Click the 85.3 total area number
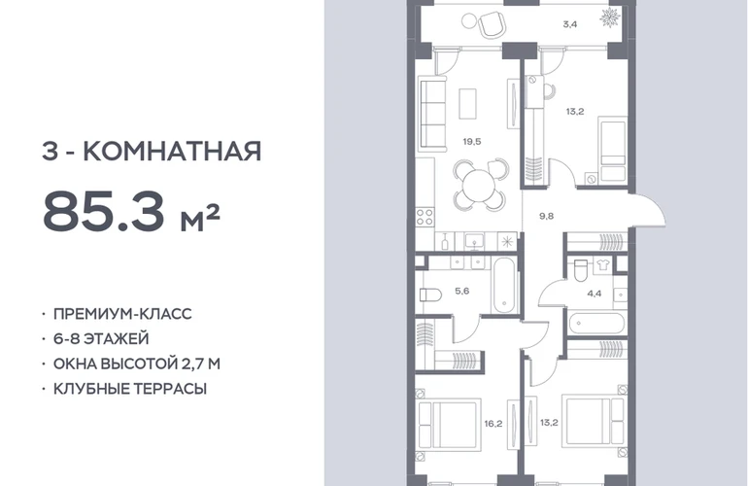click(104, 211)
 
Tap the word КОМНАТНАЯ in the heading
click(172, 152)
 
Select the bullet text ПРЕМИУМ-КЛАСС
click(122, 314)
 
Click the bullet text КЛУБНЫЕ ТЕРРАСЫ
click(130, 389)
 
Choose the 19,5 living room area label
click(472, 141)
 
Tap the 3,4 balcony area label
click(570, 24)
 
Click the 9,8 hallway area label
click(546, 216)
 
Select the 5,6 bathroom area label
click(462, 291)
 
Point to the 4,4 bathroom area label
click(594, 294)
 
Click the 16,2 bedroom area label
click(493, 424)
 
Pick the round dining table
click(479, 186)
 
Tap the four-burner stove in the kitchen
click(425, 216)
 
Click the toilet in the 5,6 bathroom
click(430, 295)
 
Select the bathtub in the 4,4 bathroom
click(596, 324)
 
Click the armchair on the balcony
click(492, 24)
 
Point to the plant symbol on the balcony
click(610, 18)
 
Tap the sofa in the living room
click(431, 115)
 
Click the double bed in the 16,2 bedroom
click(448, 425)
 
